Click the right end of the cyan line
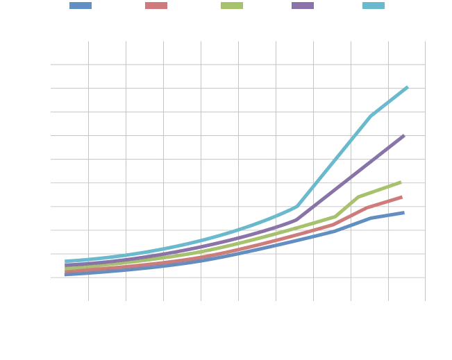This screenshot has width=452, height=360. coord(410,86)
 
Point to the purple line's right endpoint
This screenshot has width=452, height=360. coord(405,135)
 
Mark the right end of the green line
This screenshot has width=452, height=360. coord(403,182)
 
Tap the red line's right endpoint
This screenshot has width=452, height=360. coord(404,197)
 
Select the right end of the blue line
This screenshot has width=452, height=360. coord(404,213)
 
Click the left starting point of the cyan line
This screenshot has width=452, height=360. coord(63,262)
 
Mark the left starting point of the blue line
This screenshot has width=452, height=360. coord(63,274)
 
